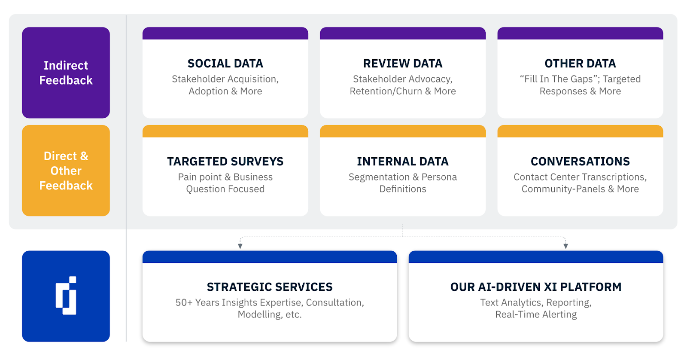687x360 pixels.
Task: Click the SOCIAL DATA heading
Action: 225,64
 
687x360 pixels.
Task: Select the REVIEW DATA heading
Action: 403,64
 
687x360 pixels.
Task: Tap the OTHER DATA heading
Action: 580,64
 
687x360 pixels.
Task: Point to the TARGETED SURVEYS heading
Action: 225,162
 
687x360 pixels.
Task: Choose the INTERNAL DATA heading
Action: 403,162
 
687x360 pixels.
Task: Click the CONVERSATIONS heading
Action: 580,162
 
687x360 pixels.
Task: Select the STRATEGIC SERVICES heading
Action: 270,287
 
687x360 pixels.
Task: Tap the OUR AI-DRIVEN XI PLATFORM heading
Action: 536,287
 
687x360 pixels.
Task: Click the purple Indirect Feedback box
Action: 66,73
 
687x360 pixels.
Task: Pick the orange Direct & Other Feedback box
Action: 66,170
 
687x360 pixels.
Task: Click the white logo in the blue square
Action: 66,296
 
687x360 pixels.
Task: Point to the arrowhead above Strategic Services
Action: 240,246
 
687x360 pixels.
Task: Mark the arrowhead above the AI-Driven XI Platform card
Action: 566,246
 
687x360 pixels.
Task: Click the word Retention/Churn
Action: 386,91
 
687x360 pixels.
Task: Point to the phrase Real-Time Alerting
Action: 536,314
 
